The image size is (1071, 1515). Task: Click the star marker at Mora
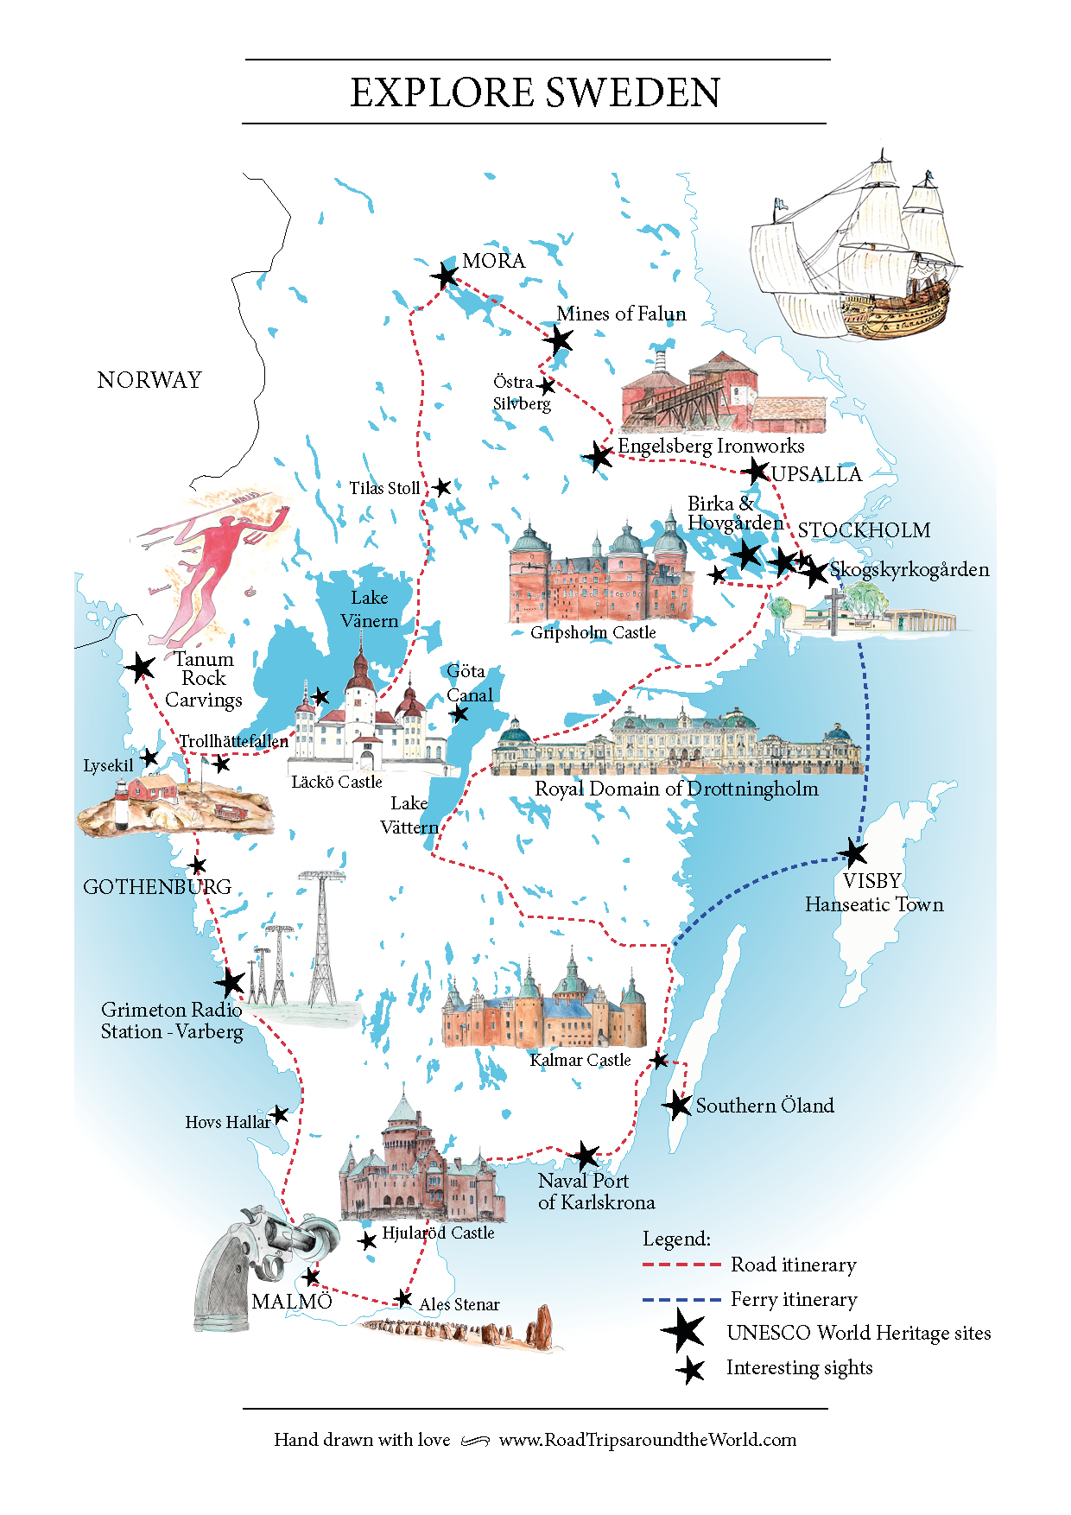[x=445, y=276]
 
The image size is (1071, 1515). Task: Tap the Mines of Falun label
[x=621, y=314]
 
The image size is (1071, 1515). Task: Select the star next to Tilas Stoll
[x=442, y=487]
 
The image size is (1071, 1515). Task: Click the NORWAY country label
[x=149, y=380]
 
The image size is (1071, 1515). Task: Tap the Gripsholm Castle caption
[x=593, y=632]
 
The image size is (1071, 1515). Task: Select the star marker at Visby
[x=853, y=853]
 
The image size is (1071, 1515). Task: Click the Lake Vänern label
[x=370, y=609]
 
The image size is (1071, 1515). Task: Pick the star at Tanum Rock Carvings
[x=139, y=667]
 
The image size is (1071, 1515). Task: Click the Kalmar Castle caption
[x=580, y=1060]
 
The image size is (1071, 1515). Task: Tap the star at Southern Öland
[x=678, y=1105]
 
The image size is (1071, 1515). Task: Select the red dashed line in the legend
[x=681, y=1265]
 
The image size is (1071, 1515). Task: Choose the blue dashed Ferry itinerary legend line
[x=681, y=1299]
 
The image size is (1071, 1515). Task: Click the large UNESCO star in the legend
[x=684, y=1331]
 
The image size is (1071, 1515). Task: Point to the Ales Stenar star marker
[x=403, y=1298]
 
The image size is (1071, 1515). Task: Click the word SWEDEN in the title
[x=633, y=92]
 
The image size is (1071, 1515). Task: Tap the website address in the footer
[x=648, y=1440]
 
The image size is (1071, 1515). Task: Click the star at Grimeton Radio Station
[x=231, y=982]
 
